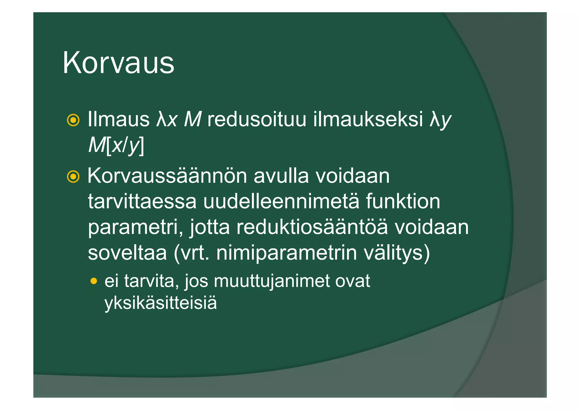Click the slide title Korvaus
[x=118, y=63]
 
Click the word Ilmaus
[x=118, y=119]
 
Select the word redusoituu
[x=257, y=119]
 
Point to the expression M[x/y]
[x=116, y=145]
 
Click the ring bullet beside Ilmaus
[x=73, y=120]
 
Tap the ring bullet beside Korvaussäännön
[x=73, y=177]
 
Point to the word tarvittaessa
[x=142, y=201]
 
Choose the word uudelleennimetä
[x=281, y=201]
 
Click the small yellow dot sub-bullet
[x=94, y=281]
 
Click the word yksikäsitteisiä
[x=161, y=303]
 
